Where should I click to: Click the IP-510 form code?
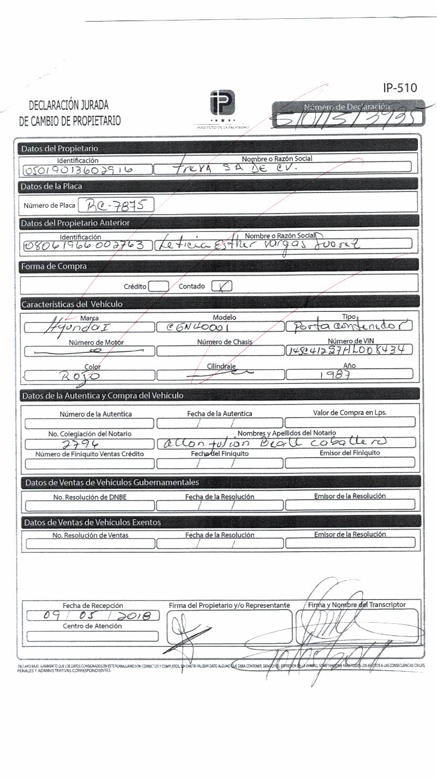point(400,87)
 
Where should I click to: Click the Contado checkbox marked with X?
point(222,286)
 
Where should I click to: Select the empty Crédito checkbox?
point(159,287)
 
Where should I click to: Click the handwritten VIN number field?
point(349,350)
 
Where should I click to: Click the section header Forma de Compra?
point(54,267)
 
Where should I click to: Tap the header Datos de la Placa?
point(51,186)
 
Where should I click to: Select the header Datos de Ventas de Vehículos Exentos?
point(92,522)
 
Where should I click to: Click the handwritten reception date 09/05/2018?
point(92,615)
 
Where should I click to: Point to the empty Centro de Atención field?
point(92,636)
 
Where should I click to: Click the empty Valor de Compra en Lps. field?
point(350,422)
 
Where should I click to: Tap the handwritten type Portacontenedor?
point(349,326)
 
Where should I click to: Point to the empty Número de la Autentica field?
point(90,423)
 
